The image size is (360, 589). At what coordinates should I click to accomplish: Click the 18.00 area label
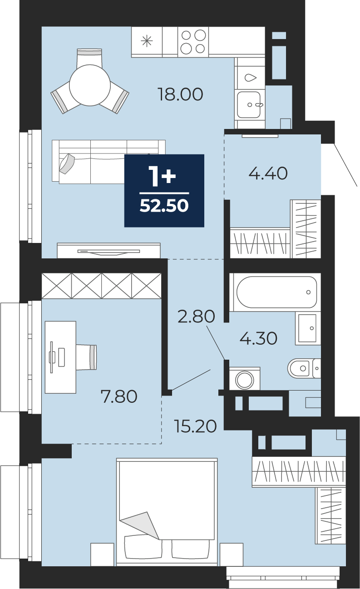(x=180, y=94)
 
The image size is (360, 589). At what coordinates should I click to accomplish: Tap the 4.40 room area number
(x=268, y=173)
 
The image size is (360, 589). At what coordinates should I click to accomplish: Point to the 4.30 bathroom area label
(x=258, y=338)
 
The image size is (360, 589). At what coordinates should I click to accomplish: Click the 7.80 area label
(x=119, y=396)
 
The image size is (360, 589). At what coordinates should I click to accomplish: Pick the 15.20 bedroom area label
(x=195, y=426)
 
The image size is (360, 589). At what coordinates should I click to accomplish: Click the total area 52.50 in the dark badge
(x=164, y=205)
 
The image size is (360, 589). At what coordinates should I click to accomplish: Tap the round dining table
(x=90, y=85)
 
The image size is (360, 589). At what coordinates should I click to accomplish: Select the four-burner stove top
(x=193, y=42)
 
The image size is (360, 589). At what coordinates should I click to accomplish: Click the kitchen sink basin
(x=249, y=104)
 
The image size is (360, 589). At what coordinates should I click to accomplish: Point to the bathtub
(x=277, y=292)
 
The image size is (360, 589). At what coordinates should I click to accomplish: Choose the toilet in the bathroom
(x=304, y=368)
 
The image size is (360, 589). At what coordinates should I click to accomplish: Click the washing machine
(x=245, y=379)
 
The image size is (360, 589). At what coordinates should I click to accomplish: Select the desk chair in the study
(x=86, y=357)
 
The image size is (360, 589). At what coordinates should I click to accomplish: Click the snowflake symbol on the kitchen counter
(x=147, y=41)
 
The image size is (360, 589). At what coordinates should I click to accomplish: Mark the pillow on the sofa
(x=67, y=163)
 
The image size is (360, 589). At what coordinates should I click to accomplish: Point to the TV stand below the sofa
(x=108, y=250)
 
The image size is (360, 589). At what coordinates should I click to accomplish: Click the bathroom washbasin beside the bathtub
(x=308, y=328)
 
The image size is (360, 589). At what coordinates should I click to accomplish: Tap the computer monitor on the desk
(x=52, y=357)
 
